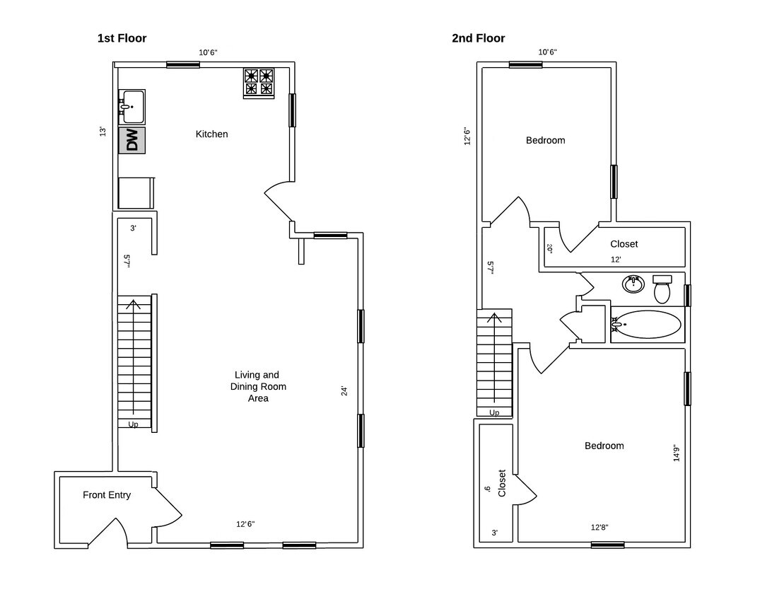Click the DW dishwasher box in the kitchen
pyautogui.click(x=131, y=140)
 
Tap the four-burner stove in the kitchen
pyautogui.click(x=259, y=83)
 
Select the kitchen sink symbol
pyautogui.click(x=131, y=107)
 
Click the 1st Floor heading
pyautogui.click(x=122, y=38)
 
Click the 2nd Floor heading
pyautogui.click(x=478, y=38)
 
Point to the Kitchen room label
pyautogui.click(x=212, y=134)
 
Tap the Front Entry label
pyautogui.click(x=107, y=495)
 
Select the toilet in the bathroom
pyautogui.click(x=662, y=289)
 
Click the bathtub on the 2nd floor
pyautogui.click(x=646, y=325)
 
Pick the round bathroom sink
pyautogui.click(x=633, y=284)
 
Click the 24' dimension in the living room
pyautogui.click(x=344, y=390)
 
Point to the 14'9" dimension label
pyautogui.click(x=677, y=453)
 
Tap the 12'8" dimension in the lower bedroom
pyautogui.click(x=600, y=527)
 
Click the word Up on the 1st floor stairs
pyautogui.click(x=134, y=424)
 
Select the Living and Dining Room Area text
pyautogui.click(x=257, y=387)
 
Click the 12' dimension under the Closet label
pyautogui.click(x=616, y=260)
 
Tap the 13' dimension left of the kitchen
pyautogui.click(x=103, y=132)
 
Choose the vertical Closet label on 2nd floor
pyautogui.click(x=502, y=483)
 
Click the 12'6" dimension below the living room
pyautogui.click(x=245, y=524)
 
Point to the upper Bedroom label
pyautogui.click(x=545, y=140)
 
